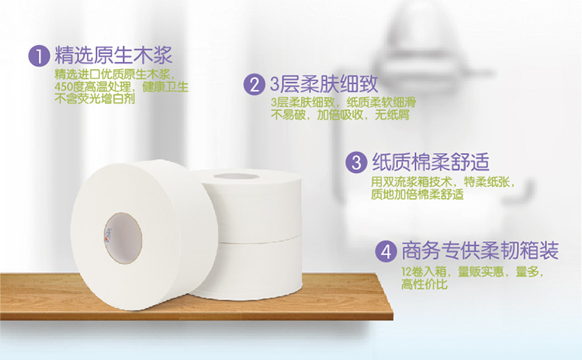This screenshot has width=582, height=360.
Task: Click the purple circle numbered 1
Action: [39, 56]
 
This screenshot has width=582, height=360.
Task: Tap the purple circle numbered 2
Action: [255, 85]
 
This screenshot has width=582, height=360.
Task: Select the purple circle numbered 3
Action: [356, 162]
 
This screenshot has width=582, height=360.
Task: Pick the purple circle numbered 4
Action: [386, 251]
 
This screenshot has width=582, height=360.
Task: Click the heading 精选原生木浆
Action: [113, 56]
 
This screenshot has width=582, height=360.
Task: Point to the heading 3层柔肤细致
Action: [324, 85]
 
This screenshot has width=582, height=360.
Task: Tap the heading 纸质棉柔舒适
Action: [431, 162]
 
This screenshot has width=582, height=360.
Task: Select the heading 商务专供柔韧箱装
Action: [480, 251]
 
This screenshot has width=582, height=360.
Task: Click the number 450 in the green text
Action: [64, 87]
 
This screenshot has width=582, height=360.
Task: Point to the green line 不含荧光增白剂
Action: [95, 99]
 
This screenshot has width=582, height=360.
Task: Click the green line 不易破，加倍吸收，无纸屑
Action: [340, 115]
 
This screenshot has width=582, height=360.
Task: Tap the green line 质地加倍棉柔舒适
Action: [417, 194]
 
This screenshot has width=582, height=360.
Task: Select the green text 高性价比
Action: [424, 284]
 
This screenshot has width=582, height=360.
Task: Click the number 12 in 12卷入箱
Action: [407, 272]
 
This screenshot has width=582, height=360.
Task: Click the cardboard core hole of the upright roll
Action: [123, 238]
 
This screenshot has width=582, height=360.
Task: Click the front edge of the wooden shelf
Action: [196, 316]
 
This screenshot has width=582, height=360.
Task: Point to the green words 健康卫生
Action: [165, 87]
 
